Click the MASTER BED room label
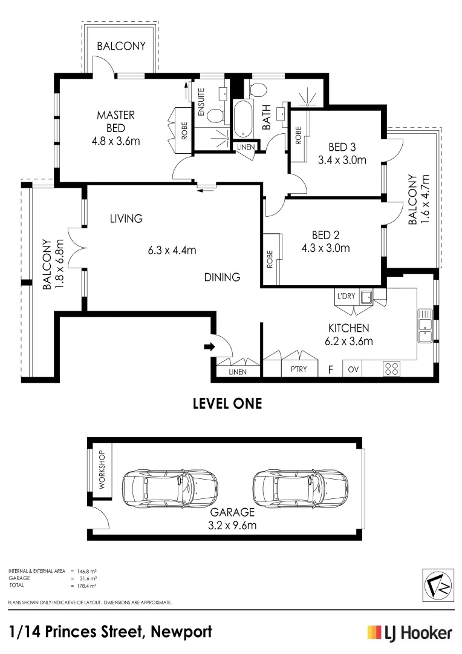pos(116,121)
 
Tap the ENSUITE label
pos(201,102)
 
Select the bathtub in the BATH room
pos(242,119)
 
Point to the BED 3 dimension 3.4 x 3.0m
pos(342,160)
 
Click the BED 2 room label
pos(325,235)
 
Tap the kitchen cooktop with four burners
pos(391,369)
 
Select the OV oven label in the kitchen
pos(353,369)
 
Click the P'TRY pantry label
pos(299,369)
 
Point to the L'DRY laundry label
pos(346,296)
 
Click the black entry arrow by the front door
pos(209,346)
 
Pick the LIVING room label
pos(126,219)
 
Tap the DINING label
pos(222,277)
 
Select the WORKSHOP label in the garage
pos(102,470)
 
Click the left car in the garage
pos(170,488)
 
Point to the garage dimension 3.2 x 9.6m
pos(232,525)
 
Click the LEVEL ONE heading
pos(227,403)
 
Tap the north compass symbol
pos(438,585)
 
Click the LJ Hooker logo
pos(411,633)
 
